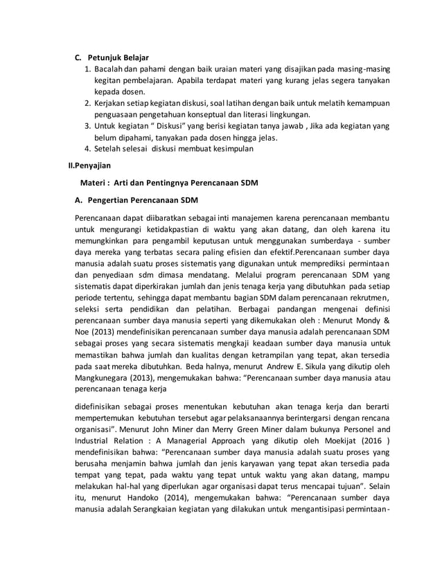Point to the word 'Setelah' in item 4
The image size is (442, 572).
(109, 148)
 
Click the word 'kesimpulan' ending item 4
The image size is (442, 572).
(230, 148)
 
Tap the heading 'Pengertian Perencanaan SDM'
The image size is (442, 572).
(141, 202)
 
